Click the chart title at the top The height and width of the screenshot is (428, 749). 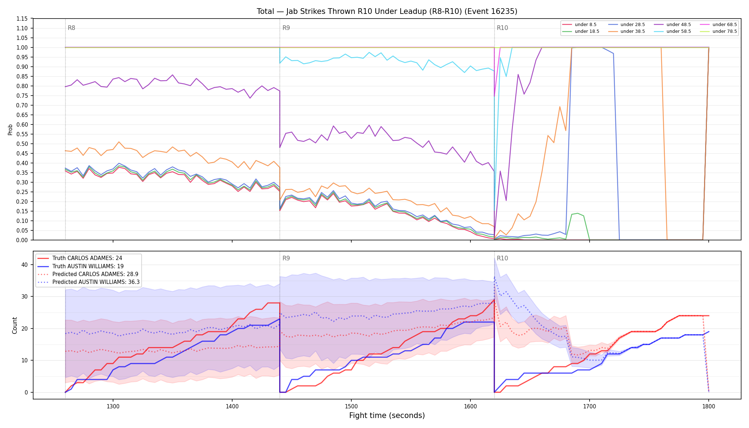point(387,11)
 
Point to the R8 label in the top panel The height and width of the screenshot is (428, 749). point(71,28)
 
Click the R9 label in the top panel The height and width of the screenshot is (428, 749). point(286,28)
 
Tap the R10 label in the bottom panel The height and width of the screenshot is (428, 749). point(502,258)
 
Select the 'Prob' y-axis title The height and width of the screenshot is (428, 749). point(10,129)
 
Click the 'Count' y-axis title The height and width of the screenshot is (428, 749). point(15,325)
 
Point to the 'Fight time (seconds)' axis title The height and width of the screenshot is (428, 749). point(387,416)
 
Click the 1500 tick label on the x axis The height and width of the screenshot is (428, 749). point(351,406)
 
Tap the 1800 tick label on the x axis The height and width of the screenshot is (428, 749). point(709,406)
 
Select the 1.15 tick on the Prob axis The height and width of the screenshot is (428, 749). point(22,19)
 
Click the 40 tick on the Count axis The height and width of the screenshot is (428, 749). point(24,265)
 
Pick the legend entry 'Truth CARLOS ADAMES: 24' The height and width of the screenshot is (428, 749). point(87,258)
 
